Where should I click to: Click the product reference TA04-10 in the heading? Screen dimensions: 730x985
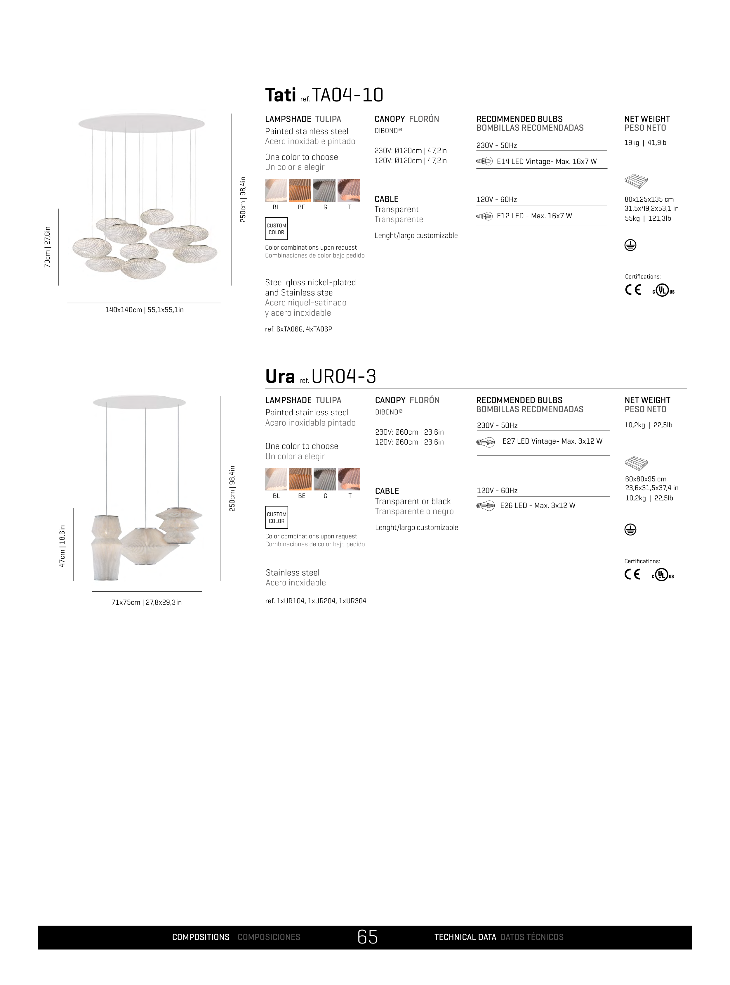pyautogui.click(x=348, y=95)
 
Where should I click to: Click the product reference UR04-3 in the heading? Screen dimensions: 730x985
pyautogui.click(x=344, y=376)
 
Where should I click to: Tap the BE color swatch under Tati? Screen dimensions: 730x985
pyautogui.click(x=300, y=190)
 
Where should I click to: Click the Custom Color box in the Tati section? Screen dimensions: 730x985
pyautogui.click(x=277, y=229)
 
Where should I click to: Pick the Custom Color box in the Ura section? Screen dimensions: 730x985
pyautogui.click(x=277, y=517)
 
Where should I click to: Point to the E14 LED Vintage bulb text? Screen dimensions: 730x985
pyautogui.click(x=547, y=161)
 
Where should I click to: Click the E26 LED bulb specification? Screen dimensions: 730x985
pyautogui.click(x=538, y=506)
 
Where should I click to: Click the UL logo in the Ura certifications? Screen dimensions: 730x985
pyautogui.click(x=662, y=575)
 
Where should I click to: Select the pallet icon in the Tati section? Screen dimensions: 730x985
pyautogui.click(x=636, y=181)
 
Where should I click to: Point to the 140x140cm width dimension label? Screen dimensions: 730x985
pyautogui.click(x=145, y=310)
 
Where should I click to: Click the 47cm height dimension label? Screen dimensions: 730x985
pyautogui.click(x=62, y=546)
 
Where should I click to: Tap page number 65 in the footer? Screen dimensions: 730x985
pyautogui.click(x=368, y=937)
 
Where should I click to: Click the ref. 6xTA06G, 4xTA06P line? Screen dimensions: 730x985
pyautogui.click(x=299, y=329)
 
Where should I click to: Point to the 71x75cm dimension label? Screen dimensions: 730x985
pyautogui.click(x=147, y=602)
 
